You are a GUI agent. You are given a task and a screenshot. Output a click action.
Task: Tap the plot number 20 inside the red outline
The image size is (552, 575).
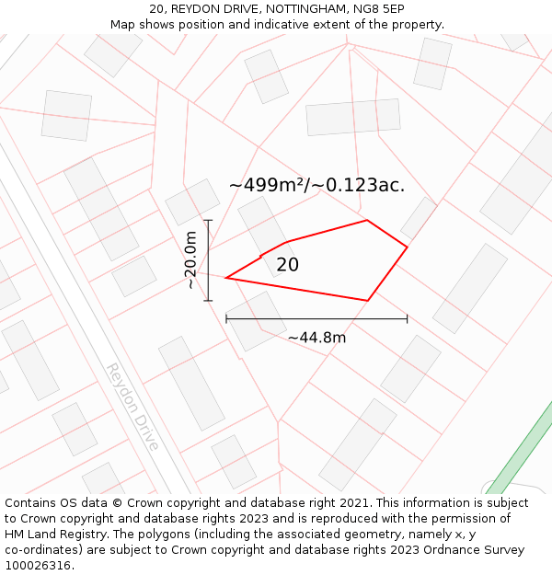pyautogui.click(x=288, y=265)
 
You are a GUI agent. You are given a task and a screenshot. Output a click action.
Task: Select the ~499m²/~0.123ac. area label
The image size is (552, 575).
pyautogui.click(x=316, y=185)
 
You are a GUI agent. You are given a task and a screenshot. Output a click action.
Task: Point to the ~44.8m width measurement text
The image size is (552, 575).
pyautogui.click(x=316, y=338)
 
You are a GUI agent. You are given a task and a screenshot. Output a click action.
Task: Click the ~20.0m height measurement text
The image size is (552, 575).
pyautogui.click(x=190, y=260)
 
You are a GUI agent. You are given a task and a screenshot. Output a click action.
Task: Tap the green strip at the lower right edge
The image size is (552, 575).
pyautogui.click(x=521, y=448)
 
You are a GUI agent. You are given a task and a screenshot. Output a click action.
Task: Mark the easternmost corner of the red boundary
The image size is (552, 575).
pyautogui.click(x=407, y=247)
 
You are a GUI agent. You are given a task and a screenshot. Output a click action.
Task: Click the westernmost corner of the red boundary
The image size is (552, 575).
pyautogui.click(x=225, y=278)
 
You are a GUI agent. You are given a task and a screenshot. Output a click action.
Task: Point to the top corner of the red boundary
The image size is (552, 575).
pyautogui.click(x=367, y=220)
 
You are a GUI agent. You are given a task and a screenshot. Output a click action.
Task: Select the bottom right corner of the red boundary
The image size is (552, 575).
pyautogui.click(x=368, y=300)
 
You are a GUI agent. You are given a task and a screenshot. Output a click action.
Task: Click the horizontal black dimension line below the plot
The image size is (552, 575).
pyautogui.click(x=316, y=319)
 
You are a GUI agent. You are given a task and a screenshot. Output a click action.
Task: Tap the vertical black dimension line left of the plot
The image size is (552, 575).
pyautogui.click(x=209, y=260)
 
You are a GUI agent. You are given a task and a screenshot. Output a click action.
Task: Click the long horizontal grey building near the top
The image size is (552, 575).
pyautogui.click(x=353, y=118)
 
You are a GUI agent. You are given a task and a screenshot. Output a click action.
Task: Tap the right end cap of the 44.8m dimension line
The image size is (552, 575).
pyautogui.click(x=407, y=319)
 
